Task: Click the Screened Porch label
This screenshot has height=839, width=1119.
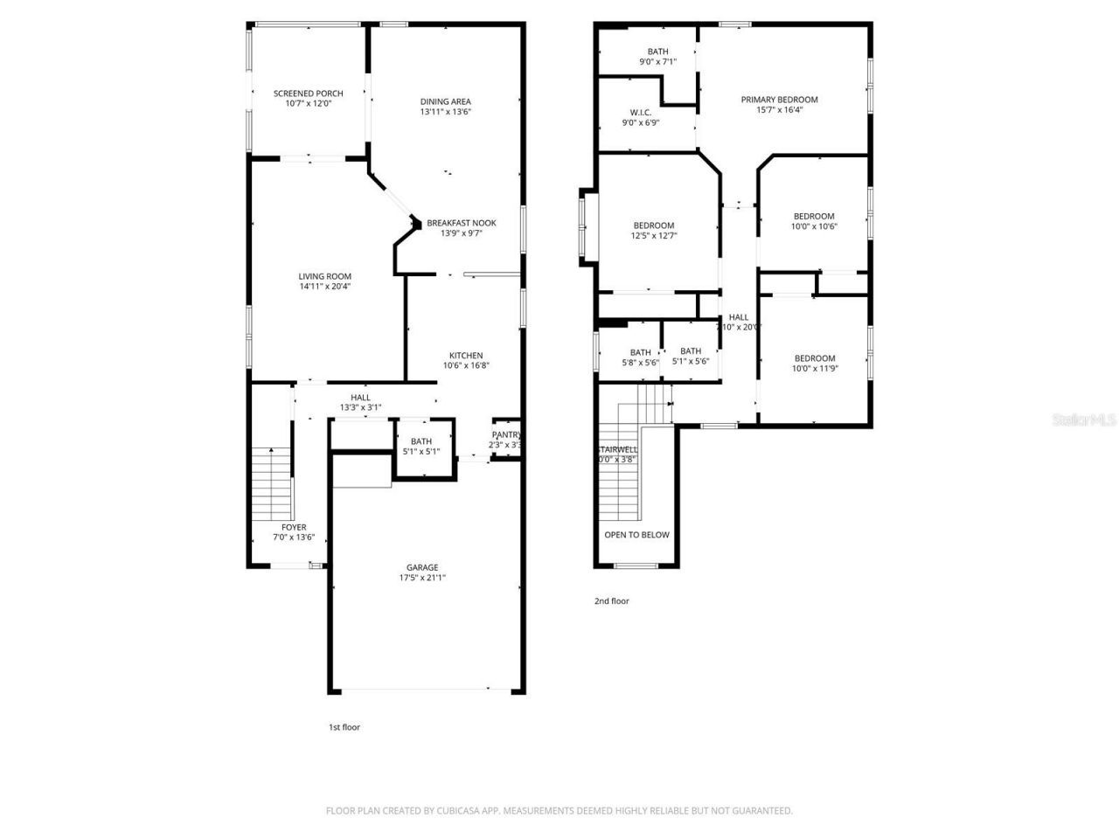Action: (308, 94)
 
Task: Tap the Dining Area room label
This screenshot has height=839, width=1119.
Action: (445, 101)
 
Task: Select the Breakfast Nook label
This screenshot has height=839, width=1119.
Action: (461, 223)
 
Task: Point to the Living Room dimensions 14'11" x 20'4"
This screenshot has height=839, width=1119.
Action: (325, 286)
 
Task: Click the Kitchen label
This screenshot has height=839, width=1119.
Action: (465, 356)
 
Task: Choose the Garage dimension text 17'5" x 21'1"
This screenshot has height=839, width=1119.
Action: (421, 578)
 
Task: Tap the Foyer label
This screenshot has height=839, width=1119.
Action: (294, 527)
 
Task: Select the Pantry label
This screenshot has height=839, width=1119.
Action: (506, 434)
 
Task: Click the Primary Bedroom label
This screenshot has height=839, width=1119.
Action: (779, 100)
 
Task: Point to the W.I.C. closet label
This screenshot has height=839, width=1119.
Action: (640, 113)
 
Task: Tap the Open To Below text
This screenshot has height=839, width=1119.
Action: (636, 535)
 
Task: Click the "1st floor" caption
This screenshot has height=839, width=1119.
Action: (344, 727)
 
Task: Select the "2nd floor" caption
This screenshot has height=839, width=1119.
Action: (611, 601)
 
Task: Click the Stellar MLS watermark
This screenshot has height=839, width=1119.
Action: (1084, 419)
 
